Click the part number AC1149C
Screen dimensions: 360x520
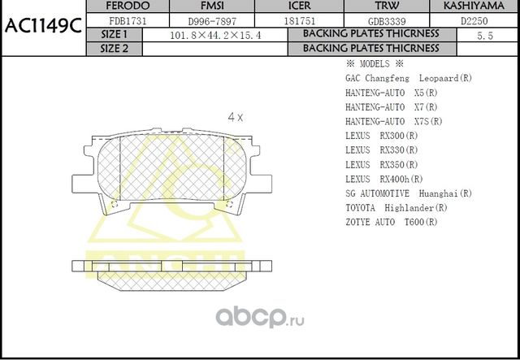coord(42,25)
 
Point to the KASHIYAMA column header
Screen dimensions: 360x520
coord(474,7)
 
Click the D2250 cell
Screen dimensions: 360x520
coord(474,20)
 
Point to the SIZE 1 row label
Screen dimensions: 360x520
coord(114,34)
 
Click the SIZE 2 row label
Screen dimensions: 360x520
coord(114,48)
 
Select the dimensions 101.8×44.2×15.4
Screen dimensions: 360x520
coord(210,35)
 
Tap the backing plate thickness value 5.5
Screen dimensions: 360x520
coord(485,35)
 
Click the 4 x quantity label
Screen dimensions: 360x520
coord(236,117)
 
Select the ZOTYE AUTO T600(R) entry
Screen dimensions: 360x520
coord(391,223)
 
